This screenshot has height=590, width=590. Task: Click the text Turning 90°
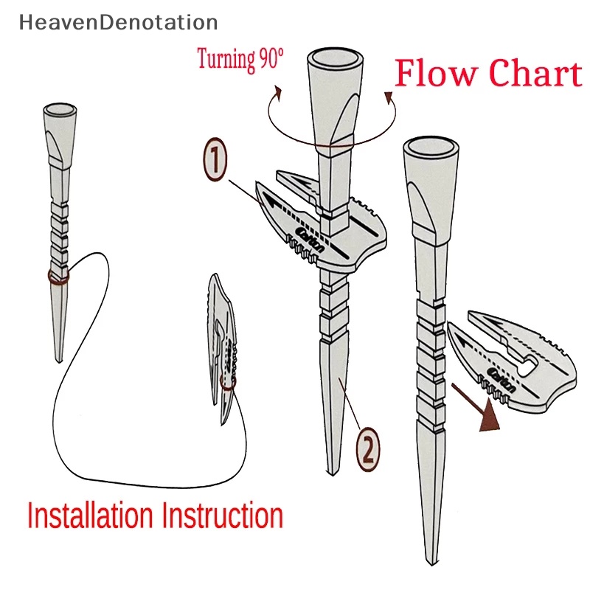[240, 60]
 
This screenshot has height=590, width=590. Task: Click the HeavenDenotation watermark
[119, 23]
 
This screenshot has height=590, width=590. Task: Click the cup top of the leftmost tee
[60, 111]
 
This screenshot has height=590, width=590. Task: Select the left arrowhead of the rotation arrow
[277, 91]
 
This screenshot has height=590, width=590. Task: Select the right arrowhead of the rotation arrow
[386, 97]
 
